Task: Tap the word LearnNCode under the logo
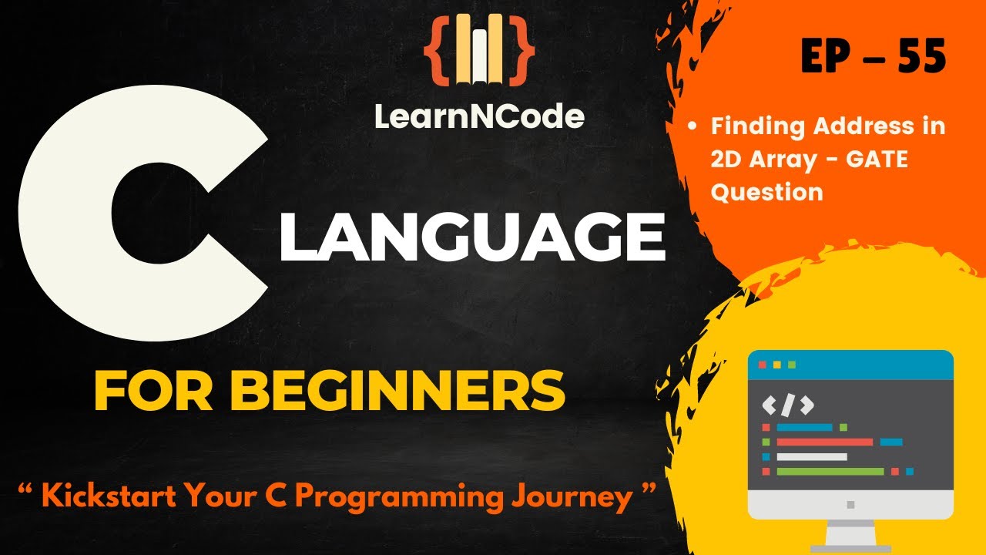click(479, 116)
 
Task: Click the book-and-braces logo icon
click(479, 49)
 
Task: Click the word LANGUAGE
click(471, 238)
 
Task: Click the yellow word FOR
click(159, 392)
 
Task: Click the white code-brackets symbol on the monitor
click(787, 405)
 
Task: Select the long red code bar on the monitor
click(824, 442)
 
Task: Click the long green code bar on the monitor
click(830, 471)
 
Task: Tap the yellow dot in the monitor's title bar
click(776, 364)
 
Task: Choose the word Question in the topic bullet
click(766, 191)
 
